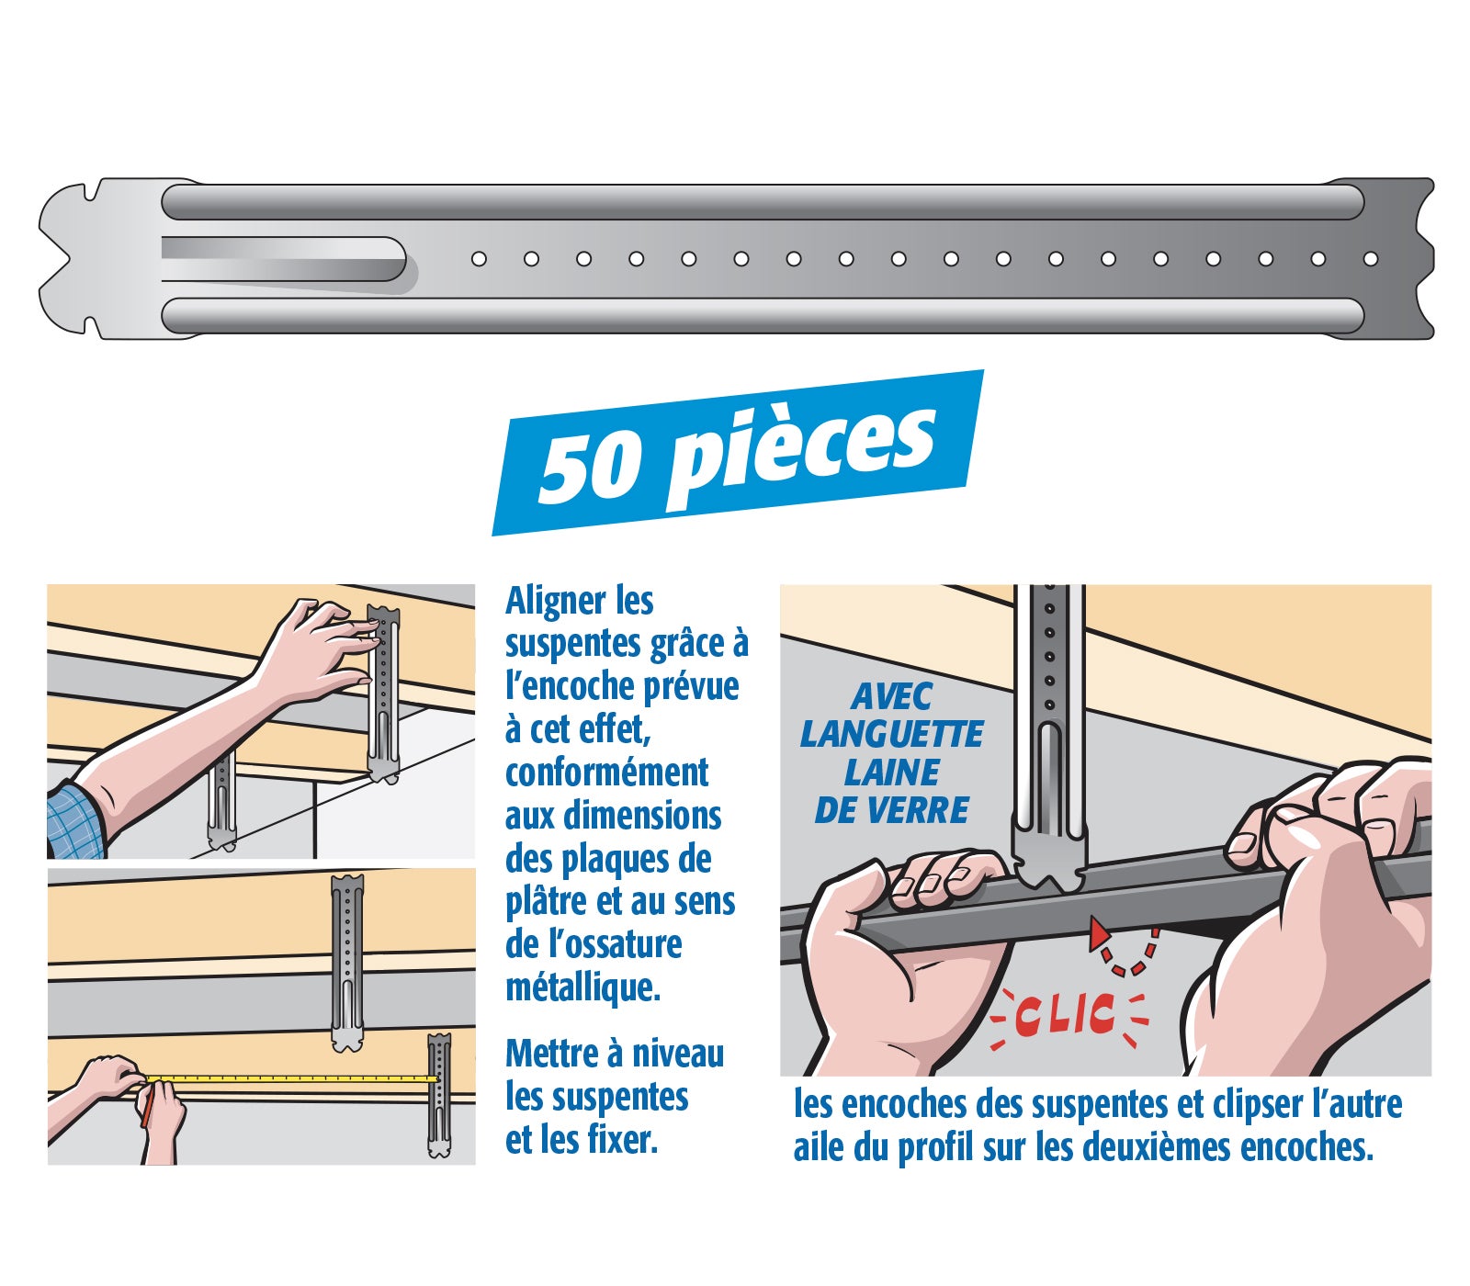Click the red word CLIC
[x=1066, y=1015]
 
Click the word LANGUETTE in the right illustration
[x=891, y=734]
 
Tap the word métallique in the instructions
[x=582, y=988]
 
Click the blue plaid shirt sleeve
[x=73, y=820]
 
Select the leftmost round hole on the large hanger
[x=479, y=259]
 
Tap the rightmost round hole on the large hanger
[x=1370, y=259]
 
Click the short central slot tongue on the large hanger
[x=285, y=259]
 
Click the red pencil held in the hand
[x=145, y=1111]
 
